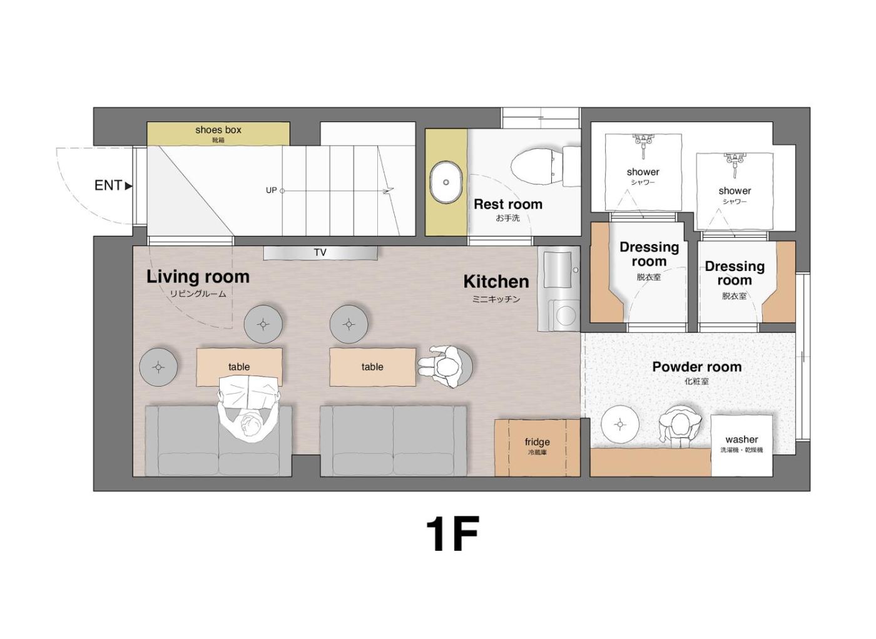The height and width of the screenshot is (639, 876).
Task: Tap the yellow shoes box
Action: pos(218,133)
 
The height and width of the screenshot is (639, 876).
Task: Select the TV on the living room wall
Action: pos(320,253)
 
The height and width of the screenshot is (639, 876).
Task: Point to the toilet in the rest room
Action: pos(546,166)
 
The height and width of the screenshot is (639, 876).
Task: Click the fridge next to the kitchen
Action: pos(537,447)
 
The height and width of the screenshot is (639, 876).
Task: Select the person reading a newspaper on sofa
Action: pos(249,407)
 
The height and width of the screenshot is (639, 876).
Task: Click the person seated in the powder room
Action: pos(680,426)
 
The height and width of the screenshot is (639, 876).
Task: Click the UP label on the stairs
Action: pos(271,190)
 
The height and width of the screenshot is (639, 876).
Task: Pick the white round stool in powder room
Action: pos(620,424)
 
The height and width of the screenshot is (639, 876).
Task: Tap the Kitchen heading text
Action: pos(496,282)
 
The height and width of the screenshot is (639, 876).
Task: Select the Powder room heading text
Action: pos(697,367)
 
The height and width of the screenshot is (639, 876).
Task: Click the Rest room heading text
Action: pos(508,204)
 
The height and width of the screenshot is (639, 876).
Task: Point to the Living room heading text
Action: pos(198,277)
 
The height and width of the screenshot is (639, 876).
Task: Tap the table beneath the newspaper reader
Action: pos(239,367)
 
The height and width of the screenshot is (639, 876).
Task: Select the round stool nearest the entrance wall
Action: pos(158,367)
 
